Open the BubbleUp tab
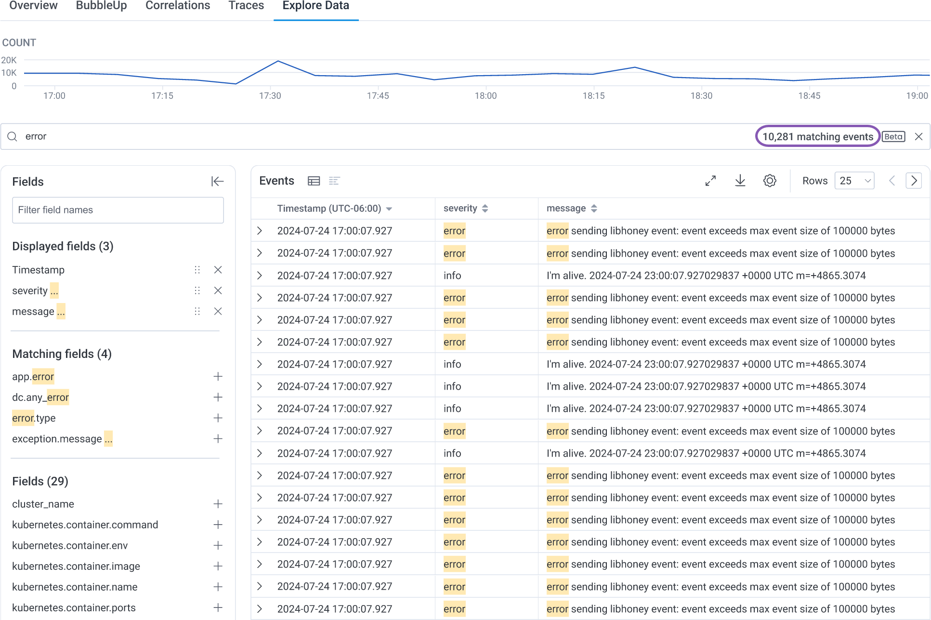[x=101, y=6]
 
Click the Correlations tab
[x=178, y=6]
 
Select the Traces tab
[x=246, y=6]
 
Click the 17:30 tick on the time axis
[x=270, y=96]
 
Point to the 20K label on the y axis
[x=9, y=60]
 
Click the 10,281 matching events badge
[x=817, y=137]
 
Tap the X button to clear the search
[x=918, y=137]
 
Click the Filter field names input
[x=118, y=210]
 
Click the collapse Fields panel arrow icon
[x=217, y=182]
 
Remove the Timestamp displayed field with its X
[x=218, y=270]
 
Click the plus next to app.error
[x=218, y=376]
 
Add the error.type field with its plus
[x=218, y=418]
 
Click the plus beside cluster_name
[x=218, y=504]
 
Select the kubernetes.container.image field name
[x=76, y=566]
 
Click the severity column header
[x=460, y=209]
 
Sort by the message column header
[x=566, y=209]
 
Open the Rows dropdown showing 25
[x=854, y=181]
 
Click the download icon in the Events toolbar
[x=740, y=181]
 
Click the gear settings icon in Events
[x=770, y=181]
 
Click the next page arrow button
[x=914, y=181]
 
